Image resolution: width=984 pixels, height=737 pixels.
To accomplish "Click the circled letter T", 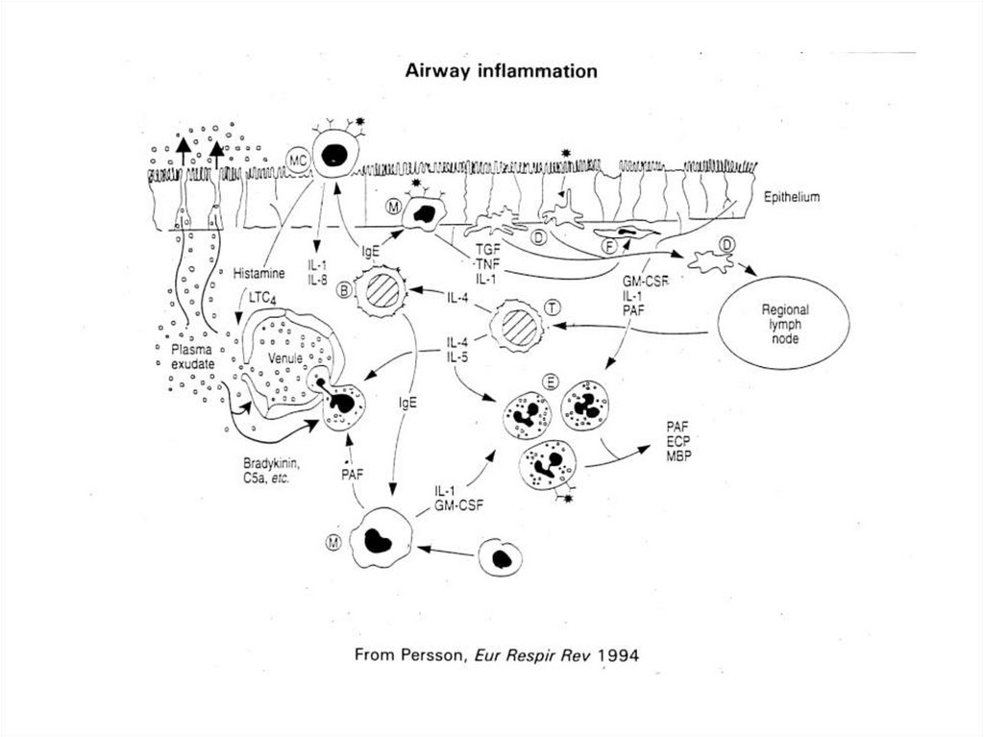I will click(x=553, y=306).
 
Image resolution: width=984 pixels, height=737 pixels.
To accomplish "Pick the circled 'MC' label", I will click(x=297, y=161).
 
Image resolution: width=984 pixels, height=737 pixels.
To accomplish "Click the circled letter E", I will click(x=551, y=381).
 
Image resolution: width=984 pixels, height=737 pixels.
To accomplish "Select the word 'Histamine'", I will click(x=259, y=274).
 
